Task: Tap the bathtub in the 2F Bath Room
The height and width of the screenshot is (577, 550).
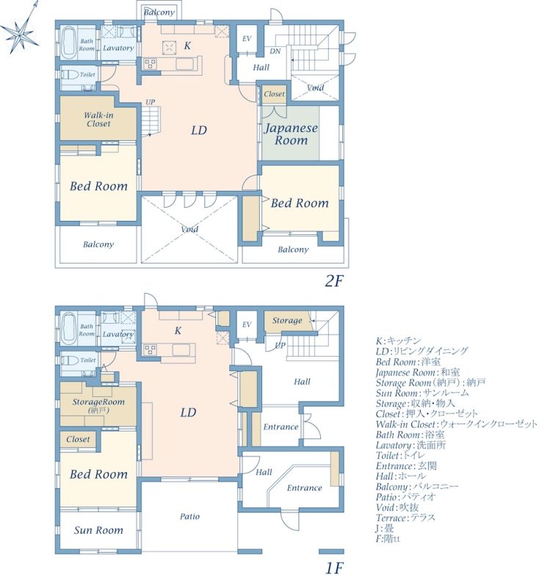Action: tap(69, 43)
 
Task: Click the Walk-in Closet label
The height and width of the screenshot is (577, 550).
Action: tap(98, 119)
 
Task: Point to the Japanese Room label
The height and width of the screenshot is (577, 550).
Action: tap(291, 134)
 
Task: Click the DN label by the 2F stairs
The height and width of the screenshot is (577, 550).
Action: tap(275, 51)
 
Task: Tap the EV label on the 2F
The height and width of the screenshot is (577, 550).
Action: tap(247, 38)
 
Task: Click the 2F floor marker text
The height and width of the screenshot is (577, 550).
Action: tap(334, 281)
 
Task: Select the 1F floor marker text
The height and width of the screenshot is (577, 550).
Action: tap(334, 568)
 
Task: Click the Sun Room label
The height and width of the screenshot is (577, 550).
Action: tap(98, 530)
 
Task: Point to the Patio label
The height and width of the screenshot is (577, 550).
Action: tap(190, 516)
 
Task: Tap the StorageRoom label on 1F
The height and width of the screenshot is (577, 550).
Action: tap(98, 402)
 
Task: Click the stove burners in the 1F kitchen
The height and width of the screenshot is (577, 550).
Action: tap(151, 349)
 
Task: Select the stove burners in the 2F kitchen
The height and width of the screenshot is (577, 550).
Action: tap(151, 64)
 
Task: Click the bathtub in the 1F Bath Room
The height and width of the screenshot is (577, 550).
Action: tap(69, 329)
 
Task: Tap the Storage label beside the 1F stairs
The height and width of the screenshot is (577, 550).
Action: tap(287, 320)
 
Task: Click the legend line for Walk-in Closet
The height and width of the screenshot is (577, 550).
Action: tap(457, 424)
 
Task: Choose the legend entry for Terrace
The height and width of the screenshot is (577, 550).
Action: tap(405, 518)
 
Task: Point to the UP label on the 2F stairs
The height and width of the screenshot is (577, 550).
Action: tap(151, 102)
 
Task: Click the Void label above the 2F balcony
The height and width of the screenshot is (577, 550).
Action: tap(189, 229)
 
